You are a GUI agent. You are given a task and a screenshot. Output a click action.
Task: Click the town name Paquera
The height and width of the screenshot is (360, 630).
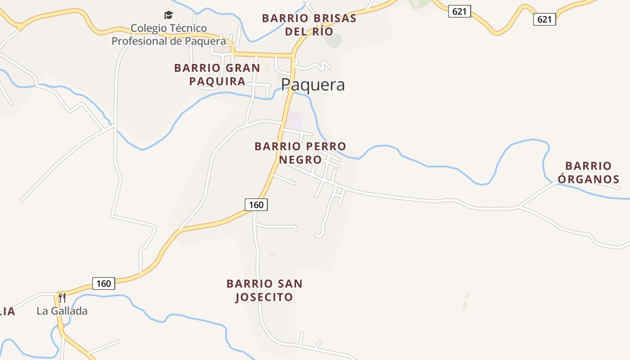[x=313, y=85]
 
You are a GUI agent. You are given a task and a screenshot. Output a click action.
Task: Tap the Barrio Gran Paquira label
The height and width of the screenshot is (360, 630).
[x=217, y=75]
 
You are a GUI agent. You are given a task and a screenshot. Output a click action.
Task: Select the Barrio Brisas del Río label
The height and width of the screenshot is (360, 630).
[x=309, y=25]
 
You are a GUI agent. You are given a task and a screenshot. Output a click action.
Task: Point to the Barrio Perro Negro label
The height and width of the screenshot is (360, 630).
[x=300, y=153]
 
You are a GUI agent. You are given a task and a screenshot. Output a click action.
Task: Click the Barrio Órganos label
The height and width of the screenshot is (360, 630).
[x=589, y=173]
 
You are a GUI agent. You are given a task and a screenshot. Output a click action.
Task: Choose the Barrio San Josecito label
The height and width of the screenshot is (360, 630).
[x=264, y=290]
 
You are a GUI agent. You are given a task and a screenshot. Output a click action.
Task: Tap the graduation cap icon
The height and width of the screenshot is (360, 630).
[x=169, y=15]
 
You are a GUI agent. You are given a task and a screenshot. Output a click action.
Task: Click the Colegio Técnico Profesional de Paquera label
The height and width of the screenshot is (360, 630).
[x=169, y=35]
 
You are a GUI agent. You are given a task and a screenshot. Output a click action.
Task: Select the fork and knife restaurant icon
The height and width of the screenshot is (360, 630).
[x=62, y=297]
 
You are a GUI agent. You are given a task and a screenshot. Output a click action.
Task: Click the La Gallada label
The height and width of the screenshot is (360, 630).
[x=62, y=311]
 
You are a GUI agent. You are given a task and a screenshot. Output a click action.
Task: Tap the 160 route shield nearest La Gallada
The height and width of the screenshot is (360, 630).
[x=103, y=283]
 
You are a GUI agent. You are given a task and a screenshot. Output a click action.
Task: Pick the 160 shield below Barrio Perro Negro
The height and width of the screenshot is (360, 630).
[x=256, y=205]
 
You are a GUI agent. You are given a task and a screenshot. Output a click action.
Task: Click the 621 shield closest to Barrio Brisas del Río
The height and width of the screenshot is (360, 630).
[x=459, y=12]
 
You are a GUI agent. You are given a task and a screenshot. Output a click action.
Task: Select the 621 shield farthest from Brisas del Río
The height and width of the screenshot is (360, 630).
[x=544, y=19]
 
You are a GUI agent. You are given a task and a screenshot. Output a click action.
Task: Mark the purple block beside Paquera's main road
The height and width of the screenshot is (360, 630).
[x=295, y=120]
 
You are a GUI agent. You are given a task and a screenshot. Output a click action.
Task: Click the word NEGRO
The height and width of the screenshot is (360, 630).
[x=300, y=160]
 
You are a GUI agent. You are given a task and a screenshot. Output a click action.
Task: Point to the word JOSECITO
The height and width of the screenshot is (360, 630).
[x=264, y=297]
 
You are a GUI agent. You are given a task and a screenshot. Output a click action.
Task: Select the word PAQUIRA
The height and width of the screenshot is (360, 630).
[x=217, y=81]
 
